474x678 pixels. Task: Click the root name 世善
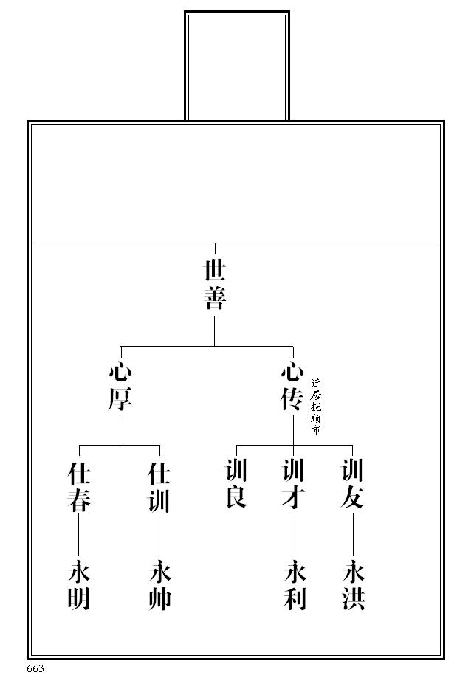215,283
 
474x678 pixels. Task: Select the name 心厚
120,385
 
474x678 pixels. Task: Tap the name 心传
292,385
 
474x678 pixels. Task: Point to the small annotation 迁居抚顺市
315,405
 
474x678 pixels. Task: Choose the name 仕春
79,487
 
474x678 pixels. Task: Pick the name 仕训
159,487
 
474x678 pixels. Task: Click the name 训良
236,483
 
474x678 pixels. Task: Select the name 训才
294,483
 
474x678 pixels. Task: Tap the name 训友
352,483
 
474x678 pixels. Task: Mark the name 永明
79,586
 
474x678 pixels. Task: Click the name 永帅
159,586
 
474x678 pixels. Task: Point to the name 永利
294,586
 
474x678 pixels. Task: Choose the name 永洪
354,586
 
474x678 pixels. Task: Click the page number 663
35,668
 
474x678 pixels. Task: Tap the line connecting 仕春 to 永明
79,536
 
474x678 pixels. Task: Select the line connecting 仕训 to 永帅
159,536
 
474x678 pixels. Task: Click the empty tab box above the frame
237,66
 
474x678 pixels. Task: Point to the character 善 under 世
215,297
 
